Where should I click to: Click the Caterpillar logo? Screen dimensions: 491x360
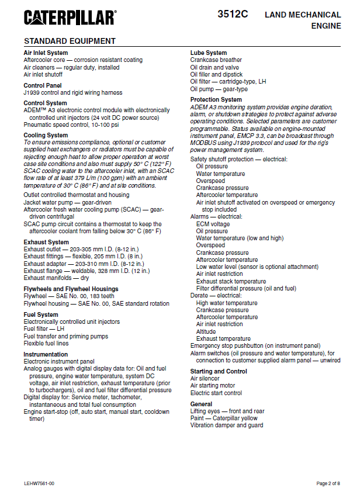pyautogui.click(x=70, y=18)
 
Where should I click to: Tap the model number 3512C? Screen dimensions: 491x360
pyautogui.click(x=233, y=14)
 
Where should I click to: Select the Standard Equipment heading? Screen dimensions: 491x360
pyautogui.click(x=70, y=41)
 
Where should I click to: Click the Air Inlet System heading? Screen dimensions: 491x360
pyautogui.click(x=46, y=53)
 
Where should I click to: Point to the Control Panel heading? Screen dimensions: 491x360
pyautogui.click(x=43, y=85)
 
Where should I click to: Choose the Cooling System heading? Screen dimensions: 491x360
pyautogui.click(x=46, y=136)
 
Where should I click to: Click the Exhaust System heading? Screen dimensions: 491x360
pyautogui.click(x=46, y=242)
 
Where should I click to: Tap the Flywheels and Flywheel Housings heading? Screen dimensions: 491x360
pyautogui.click(x=71, y=289)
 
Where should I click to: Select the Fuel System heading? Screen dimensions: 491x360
pyautogui.click(x=41, y=314)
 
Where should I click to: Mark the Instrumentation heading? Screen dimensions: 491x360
pyautogui.click(x=46, y=354)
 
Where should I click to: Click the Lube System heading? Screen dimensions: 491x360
pyautogui.click(x=209, y=53)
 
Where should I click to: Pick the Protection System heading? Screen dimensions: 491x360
pyautogui.click(x=216, y=99)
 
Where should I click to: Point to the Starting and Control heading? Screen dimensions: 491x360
pyautogui.click(x=219, y=371)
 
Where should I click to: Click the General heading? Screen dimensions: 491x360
pyautogui.click(x=202, y=404)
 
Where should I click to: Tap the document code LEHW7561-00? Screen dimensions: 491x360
pyautogui.click(x=39, y=483)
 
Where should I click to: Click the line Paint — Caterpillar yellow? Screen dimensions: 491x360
pyautogui.click(x=224, y=419)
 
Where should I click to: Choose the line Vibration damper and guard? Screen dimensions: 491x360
pyautogui.click(x=227, y=426)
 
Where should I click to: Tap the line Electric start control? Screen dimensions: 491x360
pyautogui.click(x=216, y=393)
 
